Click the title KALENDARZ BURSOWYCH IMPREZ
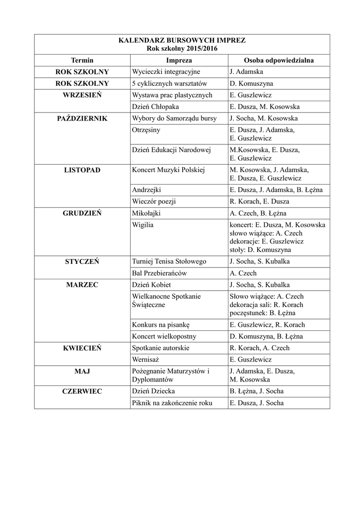click(x=182, y=40)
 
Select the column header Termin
click(x=82, y=60)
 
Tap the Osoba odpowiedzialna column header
click(x=279, y=60)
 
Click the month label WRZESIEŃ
click(x=82, y=95)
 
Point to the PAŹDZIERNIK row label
click(x=82, y=119)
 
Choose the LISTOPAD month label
click(x=82, y=170)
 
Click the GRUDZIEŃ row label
click(x=82, y=213)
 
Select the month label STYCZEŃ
click(x=82, y=261)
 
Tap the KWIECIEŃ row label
click(x=82, y=348)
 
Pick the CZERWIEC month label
click(x=82, y=391)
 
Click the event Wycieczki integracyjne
click(x=165, y=72)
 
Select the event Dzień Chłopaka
click(x=155, y=107)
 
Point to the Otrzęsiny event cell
click(x=146, y=130)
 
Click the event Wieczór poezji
click(x=154, y=201)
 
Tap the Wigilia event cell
click(x=143, y=225)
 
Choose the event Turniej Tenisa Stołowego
click(x=169, y=261)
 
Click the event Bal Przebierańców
click(x=159, y=273)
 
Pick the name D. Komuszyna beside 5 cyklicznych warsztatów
click(x=251, y=83)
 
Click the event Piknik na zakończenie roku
click(x=172, y=403)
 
